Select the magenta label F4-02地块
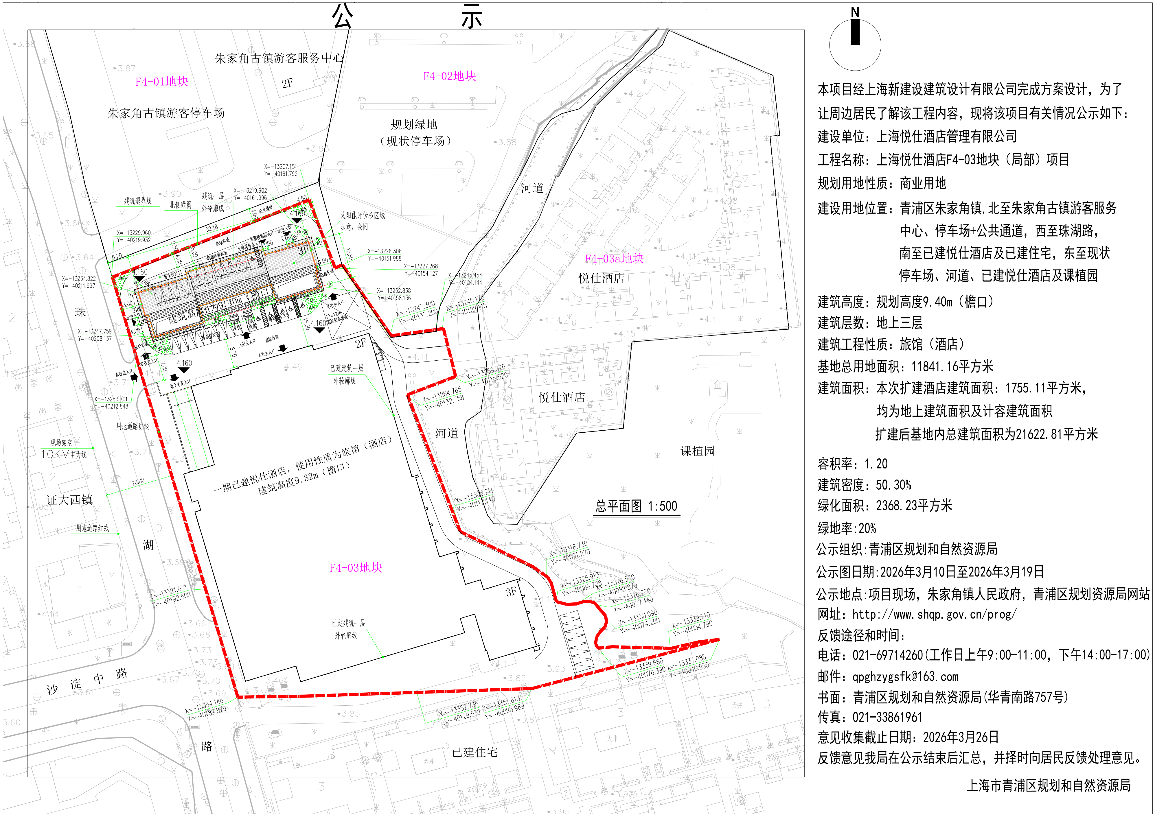click(449, 76)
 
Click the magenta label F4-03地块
click(356, 568)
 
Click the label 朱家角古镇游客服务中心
click(279, 58)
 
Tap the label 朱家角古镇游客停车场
click(166, 113)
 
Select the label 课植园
click(698, 451)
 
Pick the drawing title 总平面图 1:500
click(636, 506)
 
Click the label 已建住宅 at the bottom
click(474, 752)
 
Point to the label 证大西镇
click(69, 499)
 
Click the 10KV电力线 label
click(64, 454)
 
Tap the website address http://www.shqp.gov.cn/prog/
click(934, 614)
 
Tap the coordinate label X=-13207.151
click(280, 167)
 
